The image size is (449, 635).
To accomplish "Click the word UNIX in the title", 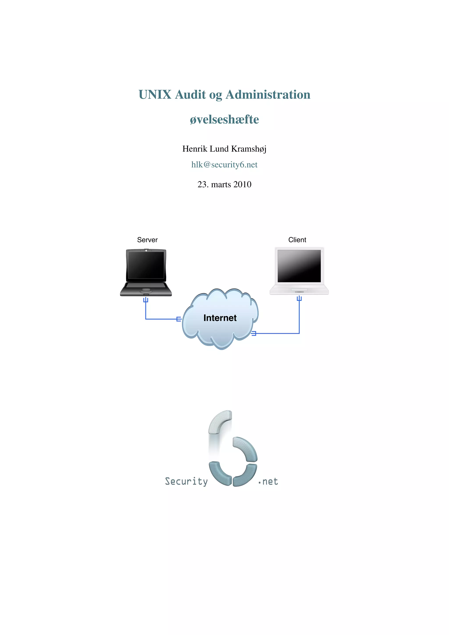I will [x=155, y=95].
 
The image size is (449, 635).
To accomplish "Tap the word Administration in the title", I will [x=268, y=95].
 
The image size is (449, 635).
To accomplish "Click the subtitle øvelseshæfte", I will [x=224, y=120].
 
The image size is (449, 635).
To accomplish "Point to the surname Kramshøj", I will [x=249, y=149].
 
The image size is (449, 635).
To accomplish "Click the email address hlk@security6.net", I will [x=224, y=164].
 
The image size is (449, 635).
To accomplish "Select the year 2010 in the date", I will [x=242, y=184].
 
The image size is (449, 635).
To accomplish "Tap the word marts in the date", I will [x=221, y=184].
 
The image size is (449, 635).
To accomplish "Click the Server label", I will [x=147, y=240].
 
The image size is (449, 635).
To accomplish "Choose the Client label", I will [x=297, y=240].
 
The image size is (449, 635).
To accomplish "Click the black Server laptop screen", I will [x=146, y=265].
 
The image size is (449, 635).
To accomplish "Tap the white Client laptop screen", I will [x=299, y=266].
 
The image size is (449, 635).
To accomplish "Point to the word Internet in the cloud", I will [x=220, y=318].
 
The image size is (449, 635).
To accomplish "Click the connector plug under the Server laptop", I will [x=146, y=300].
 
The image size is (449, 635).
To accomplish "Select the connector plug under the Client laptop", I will [x=299, y=298].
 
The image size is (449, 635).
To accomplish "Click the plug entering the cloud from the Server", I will [x=179, y=319].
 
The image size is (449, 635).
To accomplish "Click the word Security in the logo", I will [x=186, y=482].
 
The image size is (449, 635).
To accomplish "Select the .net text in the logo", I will [x=268, y=482].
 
